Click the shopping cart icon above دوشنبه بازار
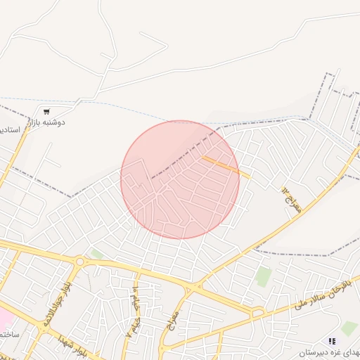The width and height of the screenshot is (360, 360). (x=46, y=112)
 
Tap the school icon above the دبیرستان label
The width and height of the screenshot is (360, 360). (x=332, y=340)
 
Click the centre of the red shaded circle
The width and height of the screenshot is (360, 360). (x=180, y=180)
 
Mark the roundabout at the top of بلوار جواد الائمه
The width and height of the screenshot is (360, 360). (x=79, y=262)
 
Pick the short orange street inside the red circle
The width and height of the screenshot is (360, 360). (x=226, y=167)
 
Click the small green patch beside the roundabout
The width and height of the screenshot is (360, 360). (x=96, y=253)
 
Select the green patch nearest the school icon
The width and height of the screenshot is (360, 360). (x=349, y=327)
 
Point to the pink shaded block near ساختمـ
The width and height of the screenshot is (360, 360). (x=4, y=318)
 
